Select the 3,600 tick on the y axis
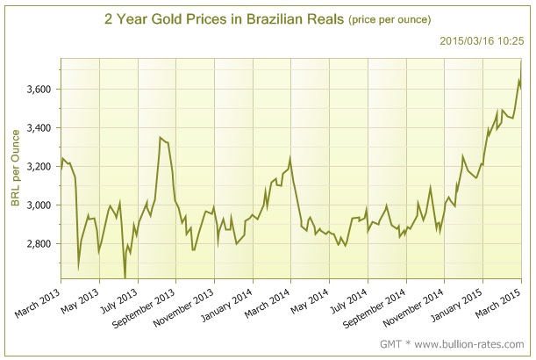39,89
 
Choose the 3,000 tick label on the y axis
39,205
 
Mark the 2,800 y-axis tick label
39,243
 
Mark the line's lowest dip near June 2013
125,277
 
